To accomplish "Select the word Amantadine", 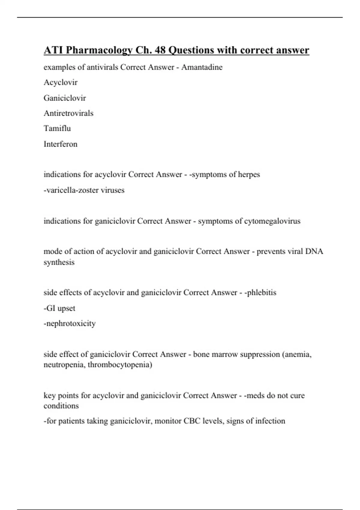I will click(202, 67).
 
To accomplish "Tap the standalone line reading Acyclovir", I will click(61, 82).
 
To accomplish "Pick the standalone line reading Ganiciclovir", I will click(65, 98).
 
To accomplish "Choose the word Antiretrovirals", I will click(68, 113).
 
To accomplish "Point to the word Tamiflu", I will click(57, 128).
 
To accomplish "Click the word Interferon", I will click(61, 144).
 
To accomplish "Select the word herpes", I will click(249, 175).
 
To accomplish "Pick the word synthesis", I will click(59, 262).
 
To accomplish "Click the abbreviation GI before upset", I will click(50, 308).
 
